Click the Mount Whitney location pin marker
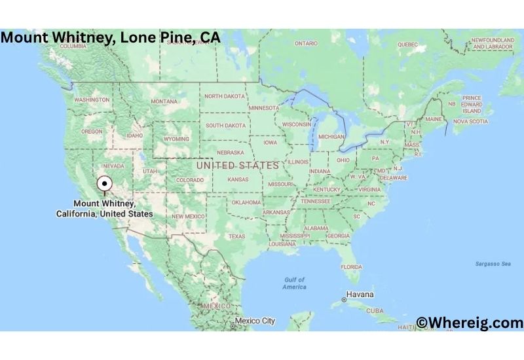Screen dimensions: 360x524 point(104,184)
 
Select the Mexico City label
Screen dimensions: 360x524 point(255,321)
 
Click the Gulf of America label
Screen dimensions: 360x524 point(294,283)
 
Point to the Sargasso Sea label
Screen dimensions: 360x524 point(493,264)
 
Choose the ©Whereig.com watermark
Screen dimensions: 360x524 point(470,323)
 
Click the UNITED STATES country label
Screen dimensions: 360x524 point(237,166)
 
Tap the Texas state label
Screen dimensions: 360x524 point(236,236)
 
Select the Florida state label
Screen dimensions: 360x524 point(351,267)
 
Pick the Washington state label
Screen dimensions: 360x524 point(92,99)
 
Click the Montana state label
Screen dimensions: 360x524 point(164,101)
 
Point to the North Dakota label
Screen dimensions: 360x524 point(224,96)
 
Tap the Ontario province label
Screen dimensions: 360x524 point(306,43)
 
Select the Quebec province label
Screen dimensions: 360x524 point(407,44)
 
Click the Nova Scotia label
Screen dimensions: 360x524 point(471,121)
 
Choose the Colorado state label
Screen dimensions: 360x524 point(189,180)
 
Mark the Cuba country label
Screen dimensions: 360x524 point(375,310)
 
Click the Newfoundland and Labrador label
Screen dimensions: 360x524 point(493,44)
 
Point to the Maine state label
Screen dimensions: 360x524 point(433,119)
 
